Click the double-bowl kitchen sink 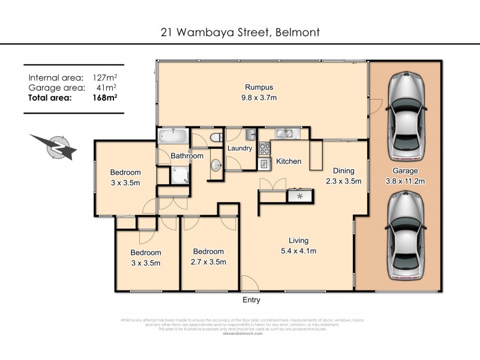284,134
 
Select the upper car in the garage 407,118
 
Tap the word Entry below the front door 251,300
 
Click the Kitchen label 288,161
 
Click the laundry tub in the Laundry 250,134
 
